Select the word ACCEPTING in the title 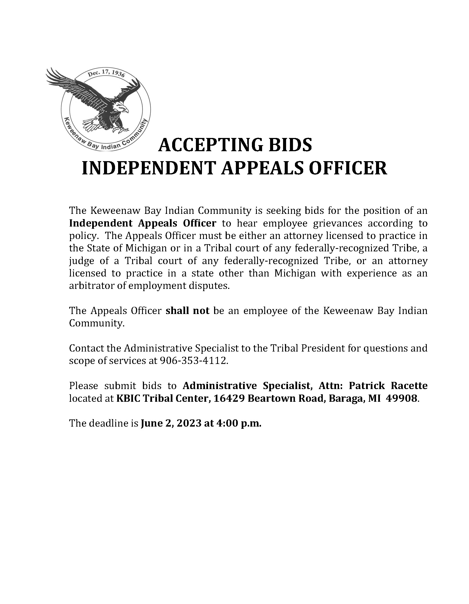[210, 145]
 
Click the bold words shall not [187, 311]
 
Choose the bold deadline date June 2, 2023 [170, 424]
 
